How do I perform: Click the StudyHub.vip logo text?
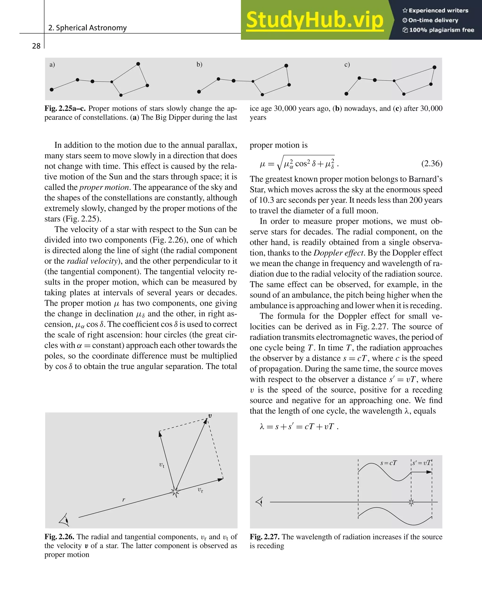coord(315,20)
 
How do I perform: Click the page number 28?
coord(36,46)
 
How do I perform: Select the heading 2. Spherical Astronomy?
coord(88,28)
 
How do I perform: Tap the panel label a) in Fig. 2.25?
coord(52,65)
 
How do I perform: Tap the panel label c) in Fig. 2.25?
coord(347,65)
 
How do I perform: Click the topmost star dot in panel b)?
coord(286,66)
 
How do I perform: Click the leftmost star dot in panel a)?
coord(52,90)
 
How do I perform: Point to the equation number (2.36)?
coord(432,163)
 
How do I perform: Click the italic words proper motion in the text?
coord(104,187)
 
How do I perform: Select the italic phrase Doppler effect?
coord(338,253)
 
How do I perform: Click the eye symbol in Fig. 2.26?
coord(65,520)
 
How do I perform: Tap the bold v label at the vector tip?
coord(210,416)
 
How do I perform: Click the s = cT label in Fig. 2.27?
coord(388,463)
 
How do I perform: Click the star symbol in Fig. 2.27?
coord(411,502)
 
